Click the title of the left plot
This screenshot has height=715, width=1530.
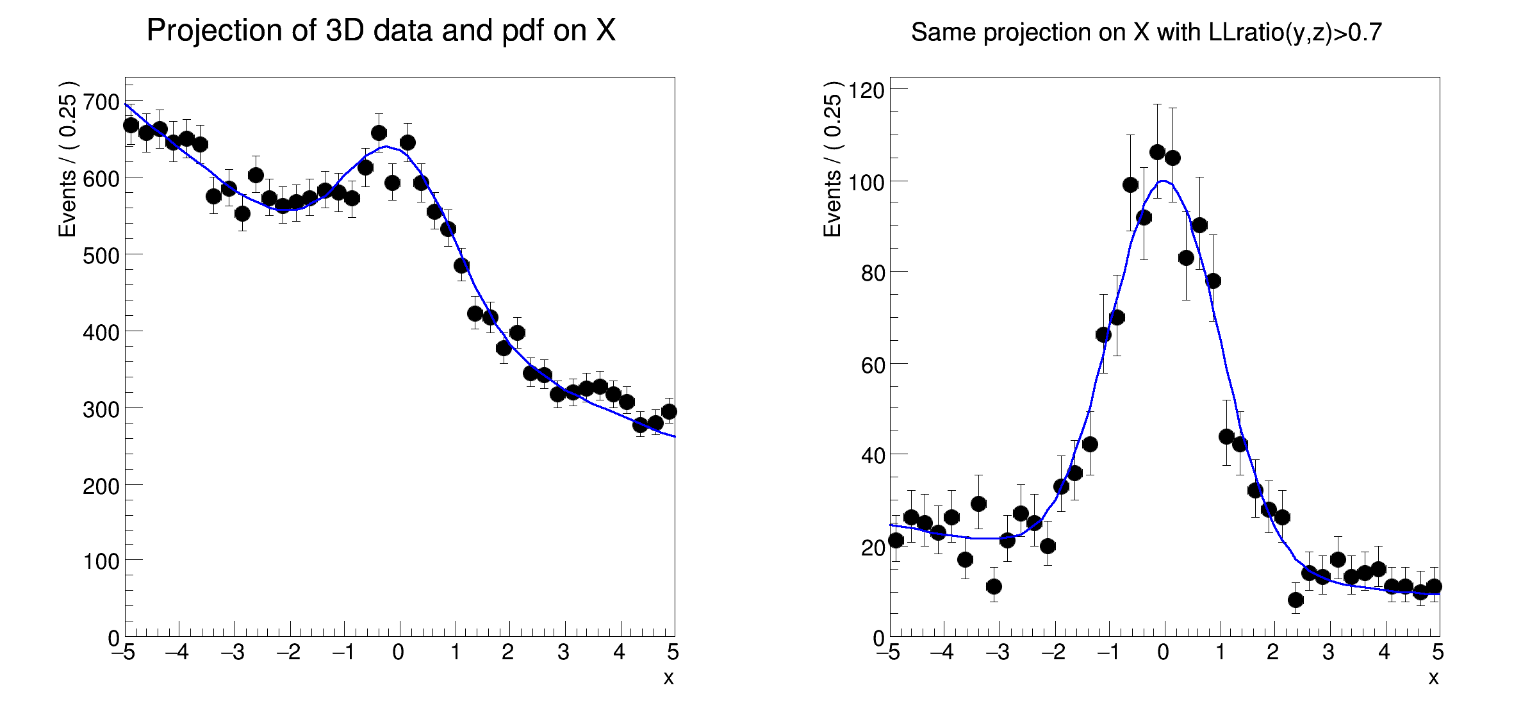pyautogui.click(x=381, y=30)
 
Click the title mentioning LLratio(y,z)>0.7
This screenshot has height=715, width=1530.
pyautogui.click(x=1146, y=32)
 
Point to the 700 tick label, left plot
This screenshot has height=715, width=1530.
pyautogui.click(x=101, y=102)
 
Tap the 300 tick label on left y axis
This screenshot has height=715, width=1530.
pyautogui.click(x=101, y=409)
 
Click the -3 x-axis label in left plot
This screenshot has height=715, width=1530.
pyautogui.click(x=233, y=653)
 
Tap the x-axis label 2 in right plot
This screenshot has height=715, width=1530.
pyautogui.click(x=1273, y=653)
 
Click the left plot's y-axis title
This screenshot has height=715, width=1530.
pyautogui.click(x=67, y=159)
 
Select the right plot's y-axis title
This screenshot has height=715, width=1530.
pyautogui.click(x=832, y=159)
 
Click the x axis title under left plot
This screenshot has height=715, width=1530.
pyautogui.click(x=668, y=678)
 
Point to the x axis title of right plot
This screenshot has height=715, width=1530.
pyautogui.click(x=1433, y=678)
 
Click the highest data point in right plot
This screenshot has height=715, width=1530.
pyautogui.click(x=1157, y=152)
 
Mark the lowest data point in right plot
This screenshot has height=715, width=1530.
pyautogui.click(x=1296, y=600)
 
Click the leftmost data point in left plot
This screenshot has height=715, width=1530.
pyautogui.click(x=131, y=125)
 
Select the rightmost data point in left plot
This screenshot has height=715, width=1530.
pyautogui.click(x=669, y=411)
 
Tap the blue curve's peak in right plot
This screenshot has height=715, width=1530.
pyautogui.click(x=1163, y=181)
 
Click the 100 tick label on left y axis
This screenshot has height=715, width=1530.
pyautogui.click(x=101, y=562)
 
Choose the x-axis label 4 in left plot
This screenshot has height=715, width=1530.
pyautogui.click(x=619, y=653)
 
